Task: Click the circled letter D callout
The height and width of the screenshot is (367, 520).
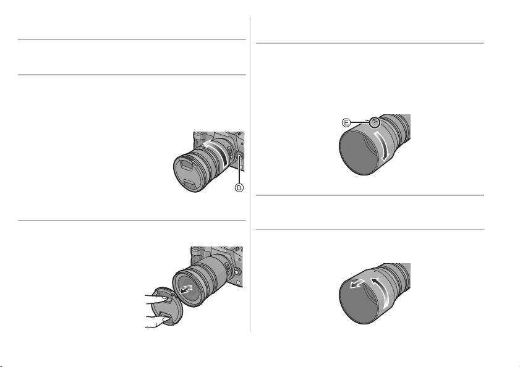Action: tap(239, 188)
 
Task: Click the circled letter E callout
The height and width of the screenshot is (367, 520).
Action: tap(346, 123)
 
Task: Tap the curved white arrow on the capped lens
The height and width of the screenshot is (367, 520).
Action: tap(216, 150)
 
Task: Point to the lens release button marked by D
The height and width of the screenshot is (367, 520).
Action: tap(239, 155)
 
